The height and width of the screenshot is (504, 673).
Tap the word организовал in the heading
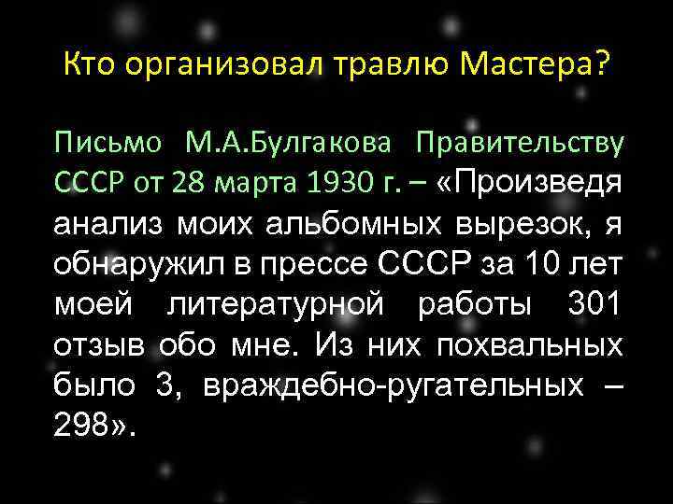[219, 64]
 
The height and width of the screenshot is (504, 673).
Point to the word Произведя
[540, 182]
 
